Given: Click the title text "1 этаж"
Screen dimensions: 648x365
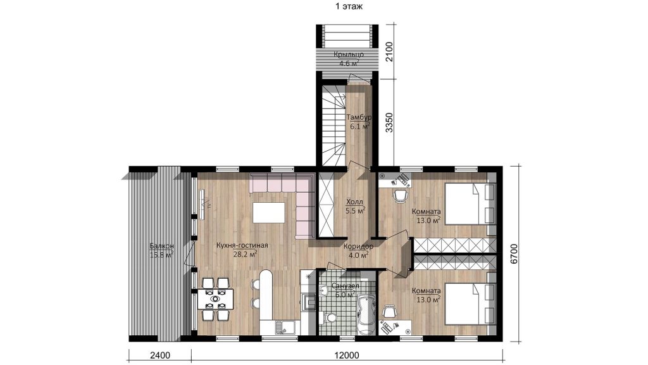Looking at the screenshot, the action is pos(349,6).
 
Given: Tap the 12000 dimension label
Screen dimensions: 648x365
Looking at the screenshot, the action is pos(347,355).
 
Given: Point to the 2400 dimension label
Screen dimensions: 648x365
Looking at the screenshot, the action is pos(160,355).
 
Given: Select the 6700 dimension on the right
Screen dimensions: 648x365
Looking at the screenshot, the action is pos(514,253).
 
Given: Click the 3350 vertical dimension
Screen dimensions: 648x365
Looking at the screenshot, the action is pos(389,122).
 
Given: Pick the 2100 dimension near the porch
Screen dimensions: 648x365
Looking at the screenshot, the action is pos(389,52).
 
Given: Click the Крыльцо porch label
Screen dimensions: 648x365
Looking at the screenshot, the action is pos(349,54).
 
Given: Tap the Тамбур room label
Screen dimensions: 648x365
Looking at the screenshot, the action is pos(359,117).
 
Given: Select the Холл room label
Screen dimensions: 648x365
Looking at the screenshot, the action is pos(354,202).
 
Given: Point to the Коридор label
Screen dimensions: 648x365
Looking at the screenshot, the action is pos(358,247).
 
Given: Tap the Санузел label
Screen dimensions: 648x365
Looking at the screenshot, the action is pos(345,286).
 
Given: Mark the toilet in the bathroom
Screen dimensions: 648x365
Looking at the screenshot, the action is pos(330,318).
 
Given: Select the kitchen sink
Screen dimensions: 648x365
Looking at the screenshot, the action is pos(284,326).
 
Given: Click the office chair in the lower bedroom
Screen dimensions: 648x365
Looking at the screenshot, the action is pos(390,311).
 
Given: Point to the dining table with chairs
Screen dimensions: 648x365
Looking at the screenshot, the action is pos(215,299).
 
